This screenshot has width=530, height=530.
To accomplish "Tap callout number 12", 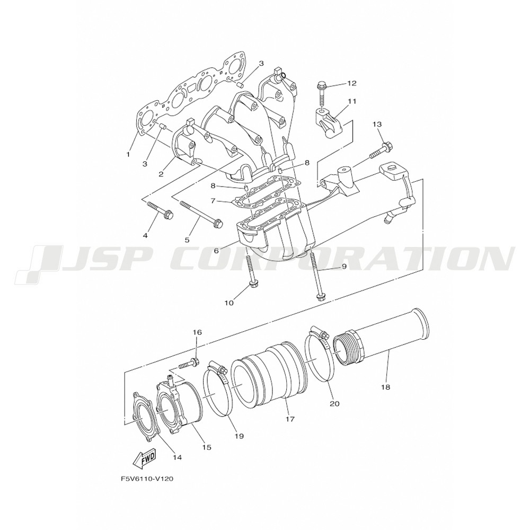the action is tap(352, 83).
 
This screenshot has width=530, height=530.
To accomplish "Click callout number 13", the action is tap(377, 125).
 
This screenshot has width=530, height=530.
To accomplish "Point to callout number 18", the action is tap(385, 387).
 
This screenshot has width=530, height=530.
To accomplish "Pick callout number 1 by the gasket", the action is tap(128, 154).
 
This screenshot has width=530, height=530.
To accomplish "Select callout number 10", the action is tap(229, 303).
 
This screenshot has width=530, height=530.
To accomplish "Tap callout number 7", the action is tap(213, 201).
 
